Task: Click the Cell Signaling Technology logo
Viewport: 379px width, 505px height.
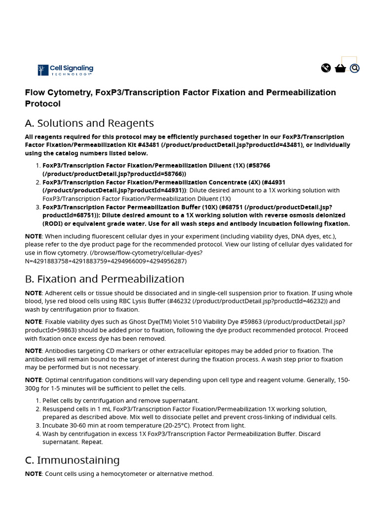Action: [65, 70]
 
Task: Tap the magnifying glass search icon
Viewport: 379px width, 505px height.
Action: [354, 68]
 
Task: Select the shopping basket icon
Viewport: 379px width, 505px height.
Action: [340, 68]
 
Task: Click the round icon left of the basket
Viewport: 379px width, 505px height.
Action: [326, 68]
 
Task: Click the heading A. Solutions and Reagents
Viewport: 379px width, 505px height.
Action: [89, 123]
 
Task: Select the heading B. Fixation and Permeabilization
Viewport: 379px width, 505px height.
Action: [105, 279]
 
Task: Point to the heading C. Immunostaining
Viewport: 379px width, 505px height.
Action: [72, 460]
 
